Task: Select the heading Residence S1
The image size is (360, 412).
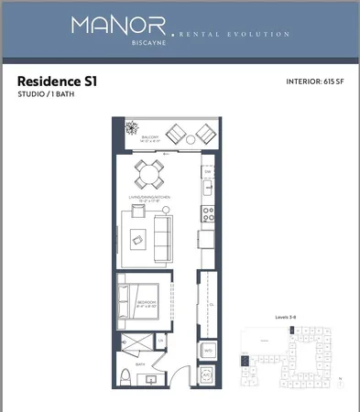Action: click(x=57, y=81)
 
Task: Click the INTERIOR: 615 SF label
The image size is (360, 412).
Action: click(x=314, y=81)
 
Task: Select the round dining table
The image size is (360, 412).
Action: click(x=149, y=171)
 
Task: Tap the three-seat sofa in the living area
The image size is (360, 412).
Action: click(x=162, y=234)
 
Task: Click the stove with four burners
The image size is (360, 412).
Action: click(x=206, y=216)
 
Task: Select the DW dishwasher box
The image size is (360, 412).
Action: click(x=207, y=172)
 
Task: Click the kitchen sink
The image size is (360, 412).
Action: click(x=207, y=191)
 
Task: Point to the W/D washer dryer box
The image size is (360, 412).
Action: click(x=207, y=351)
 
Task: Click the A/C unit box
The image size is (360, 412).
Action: click(x=207, y=374)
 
